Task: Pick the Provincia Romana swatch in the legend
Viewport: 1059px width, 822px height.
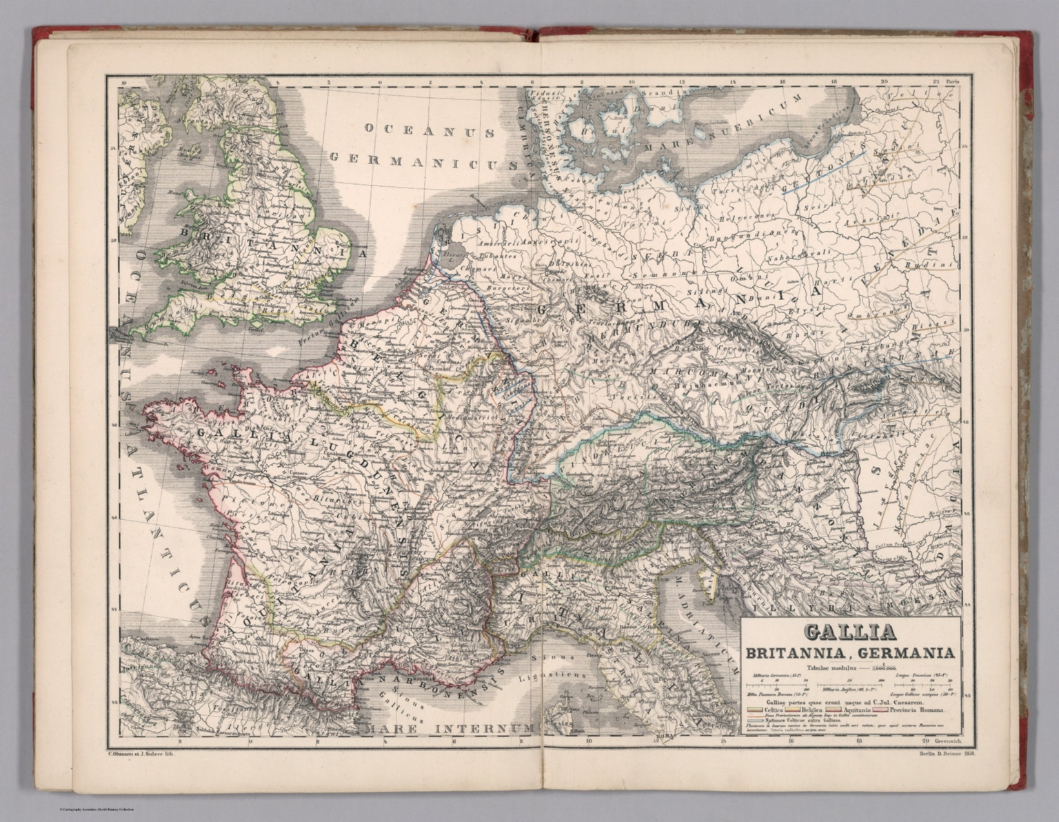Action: tap(880, 710)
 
